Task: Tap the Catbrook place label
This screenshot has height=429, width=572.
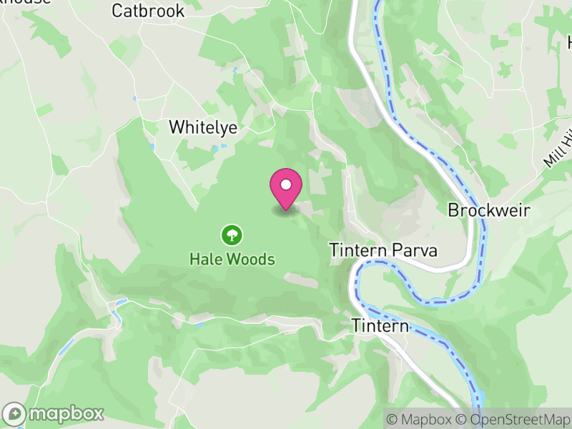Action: click(x=148, y=11)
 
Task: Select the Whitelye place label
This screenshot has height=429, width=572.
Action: click(x=202, y=127)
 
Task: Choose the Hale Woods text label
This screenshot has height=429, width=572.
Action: click(x=232, y=259)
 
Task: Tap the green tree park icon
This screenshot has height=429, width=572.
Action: click(x=231, y=234)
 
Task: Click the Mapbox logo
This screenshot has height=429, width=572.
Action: click(x=54, y=413)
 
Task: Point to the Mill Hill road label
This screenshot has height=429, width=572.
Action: click(x=558, y=151)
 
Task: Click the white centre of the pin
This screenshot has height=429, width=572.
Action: click(x=286, y=184)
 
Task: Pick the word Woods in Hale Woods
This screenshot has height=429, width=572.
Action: click(x=250, y=259)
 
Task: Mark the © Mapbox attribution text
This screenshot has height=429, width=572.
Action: click(x=422, y=419)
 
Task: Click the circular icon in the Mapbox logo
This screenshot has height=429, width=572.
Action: click(x=14, y=413)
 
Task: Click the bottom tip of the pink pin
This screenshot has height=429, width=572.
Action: click(x=286, y=209)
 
